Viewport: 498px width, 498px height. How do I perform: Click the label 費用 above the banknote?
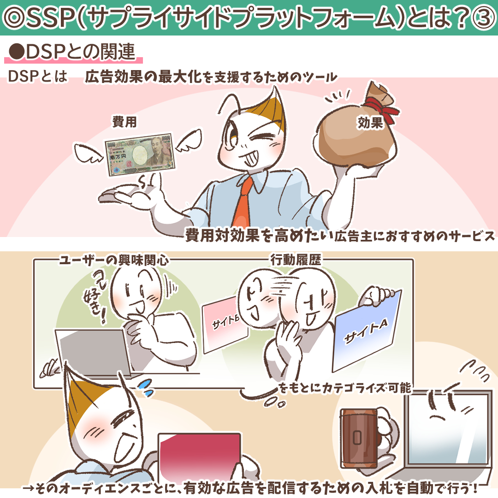[125, 122]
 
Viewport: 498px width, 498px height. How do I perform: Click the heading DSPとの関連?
[72, 52]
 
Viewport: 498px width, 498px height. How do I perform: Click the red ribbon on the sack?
[381, 108]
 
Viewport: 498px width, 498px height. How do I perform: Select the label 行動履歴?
[296, 260]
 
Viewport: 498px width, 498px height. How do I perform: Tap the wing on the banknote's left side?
[89, 154]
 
